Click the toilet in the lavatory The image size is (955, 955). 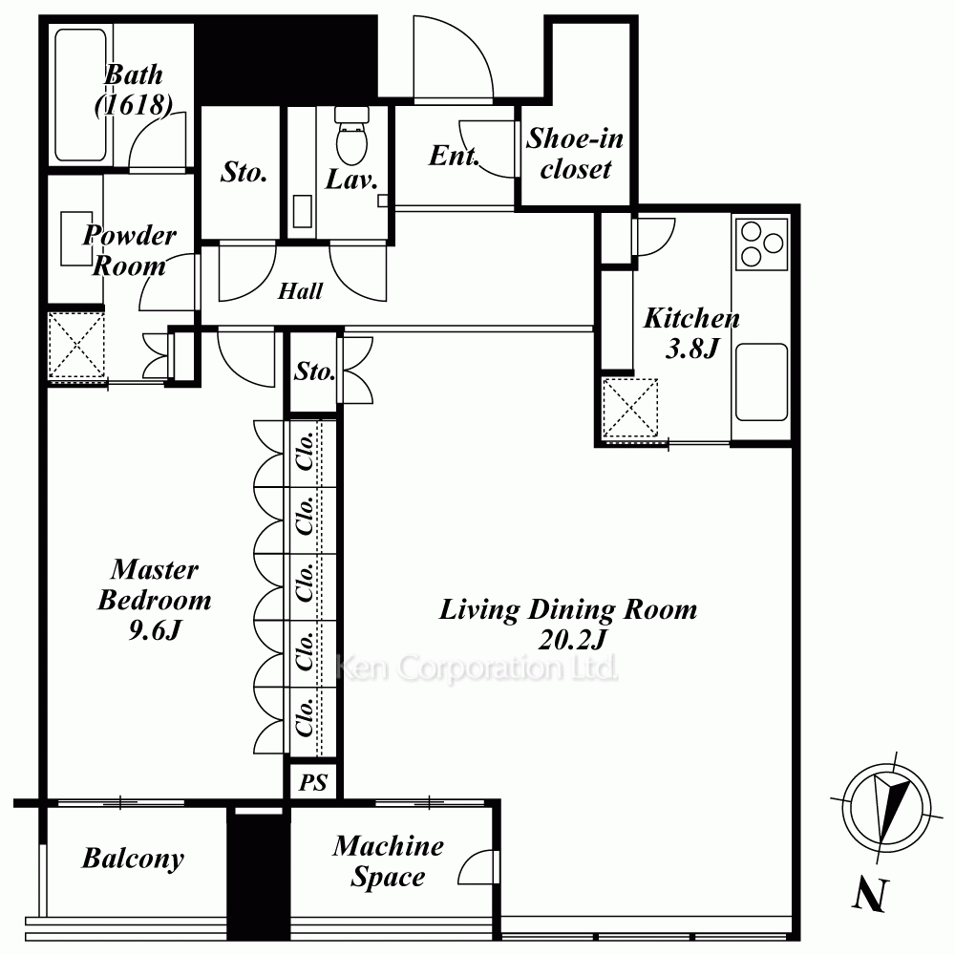tap(352, 136)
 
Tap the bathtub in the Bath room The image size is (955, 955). tap(80, 95)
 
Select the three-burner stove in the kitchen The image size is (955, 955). tap(762, 244)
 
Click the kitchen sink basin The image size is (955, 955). tap(761, 382)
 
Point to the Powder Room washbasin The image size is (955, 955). tap(76, 239)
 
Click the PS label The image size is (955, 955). tap(313, 782)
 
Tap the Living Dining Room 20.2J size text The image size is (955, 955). tap(572, 640)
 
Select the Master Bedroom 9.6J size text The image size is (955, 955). tap(155, 630)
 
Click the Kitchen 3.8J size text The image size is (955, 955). tap(692, 349)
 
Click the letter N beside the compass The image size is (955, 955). tap(870, 895)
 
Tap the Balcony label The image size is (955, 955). tap(133, 859)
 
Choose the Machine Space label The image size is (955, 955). tap(388, 861)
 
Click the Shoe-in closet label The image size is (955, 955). tap(575, 154)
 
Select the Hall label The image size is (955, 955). tap(300, 291)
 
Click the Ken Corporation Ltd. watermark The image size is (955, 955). tap(477, 668)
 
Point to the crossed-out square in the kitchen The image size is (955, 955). tap(629, 408)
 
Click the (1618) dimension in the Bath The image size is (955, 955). tap(133, 105)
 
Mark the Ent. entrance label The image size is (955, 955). tap(453, 156)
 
